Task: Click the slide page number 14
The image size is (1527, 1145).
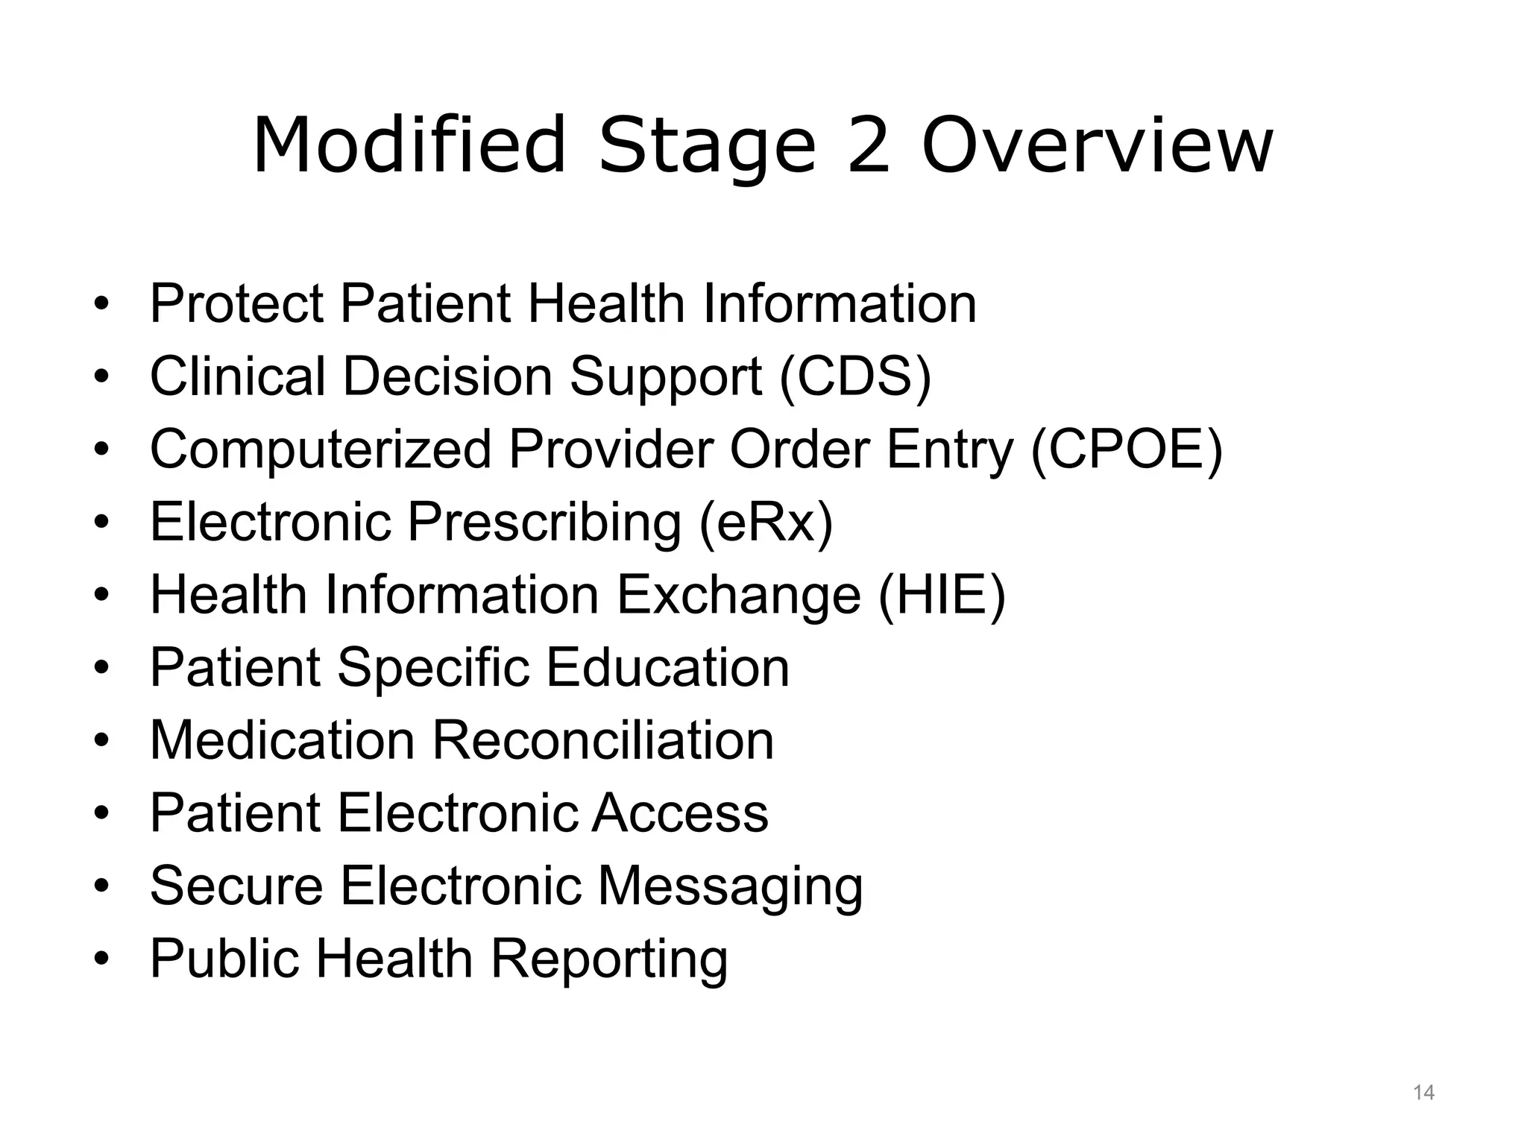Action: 1423,1093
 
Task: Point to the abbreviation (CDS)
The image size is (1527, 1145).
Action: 855,376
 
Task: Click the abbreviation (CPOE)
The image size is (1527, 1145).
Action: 1127,450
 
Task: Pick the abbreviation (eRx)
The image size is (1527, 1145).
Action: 766,522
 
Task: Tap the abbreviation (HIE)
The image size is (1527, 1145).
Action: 942,595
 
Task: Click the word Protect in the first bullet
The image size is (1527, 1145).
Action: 236,303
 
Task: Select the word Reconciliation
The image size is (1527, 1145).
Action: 603,740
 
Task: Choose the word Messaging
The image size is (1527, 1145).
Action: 730,886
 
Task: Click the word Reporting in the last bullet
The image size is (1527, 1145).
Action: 609,959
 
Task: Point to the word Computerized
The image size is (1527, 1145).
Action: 321,450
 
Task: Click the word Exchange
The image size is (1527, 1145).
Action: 738,595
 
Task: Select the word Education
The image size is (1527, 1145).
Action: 667,667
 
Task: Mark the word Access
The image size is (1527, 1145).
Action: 680,813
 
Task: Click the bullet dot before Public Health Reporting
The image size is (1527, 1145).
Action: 101,957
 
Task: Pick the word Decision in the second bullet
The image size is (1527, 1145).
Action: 447,376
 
